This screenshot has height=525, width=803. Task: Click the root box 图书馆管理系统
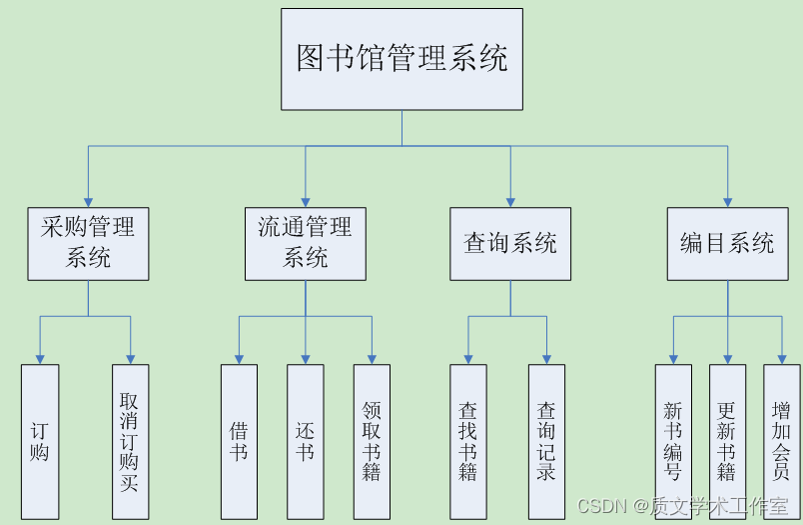pyautogui.click(x=401, y=59)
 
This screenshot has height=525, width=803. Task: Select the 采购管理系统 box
pyautogui.click(x=88, y=243)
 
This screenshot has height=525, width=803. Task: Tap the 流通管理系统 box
pyautogui.click(x=305, y=243)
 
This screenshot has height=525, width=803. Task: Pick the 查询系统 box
pyautogui.click(x=510, y=243)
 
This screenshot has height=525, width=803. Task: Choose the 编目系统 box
pyautogui.click(x=727, y=243)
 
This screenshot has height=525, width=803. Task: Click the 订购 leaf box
pyautogui.click(x=40, y=441)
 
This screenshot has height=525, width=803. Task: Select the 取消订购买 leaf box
pyautogui.click(x=130, y=441)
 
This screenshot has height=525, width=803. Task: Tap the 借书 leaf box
pyautogui.click(x=239, y=441)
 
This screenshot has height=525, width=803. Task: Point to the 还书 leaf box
pyautogui.click(x=305, y=441)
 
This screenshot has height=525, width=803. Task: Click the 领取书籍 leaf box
pyautogui.click(x=372, y=441)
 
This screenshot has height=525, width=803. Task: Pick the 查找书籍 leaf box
pyautogui.click(x=467, y=441)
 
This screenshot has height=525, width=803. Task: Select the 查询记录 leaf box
pyautogui.click(x=546, y=441)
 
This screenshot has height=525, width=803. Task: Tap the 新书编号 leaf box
pyautogui.click(x=673, y=441)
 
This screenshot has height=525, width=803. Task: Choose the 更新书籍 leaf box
pyautogui.click(x=727, y=441)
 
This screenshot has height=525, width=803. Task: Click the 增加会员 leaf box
pyautogui.click(x=781, y=441)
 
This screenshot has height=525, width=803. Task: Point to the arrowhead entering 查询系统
pyautogui.click(x=510, y=201)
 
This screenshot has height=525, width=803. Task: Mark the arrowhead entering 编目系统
pyautogui.click(x=727, y=201)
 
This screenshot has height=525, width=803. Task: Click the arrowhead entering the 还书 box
pyautogui.click(x=305, y=358)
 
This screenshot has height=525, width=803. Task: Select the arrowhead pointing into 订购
pyautogui.click(x=40, y=358)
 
